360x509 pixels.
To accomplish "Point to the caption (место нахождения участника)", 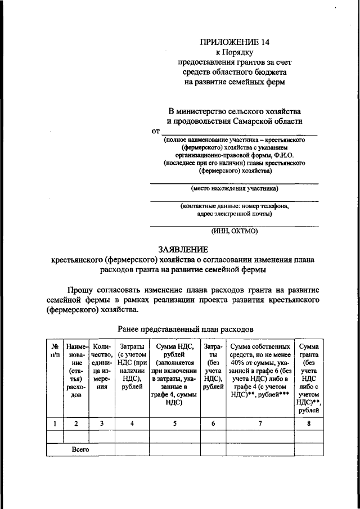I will click(x=234, y=189).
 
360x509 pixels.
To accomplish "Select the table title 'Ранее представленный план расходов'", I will click(x=185, y=327).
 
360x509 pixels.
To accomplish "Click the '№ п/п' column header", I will click(x=55, y=352).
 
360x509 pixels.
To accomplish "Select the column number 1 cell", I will click(x=55, y=424).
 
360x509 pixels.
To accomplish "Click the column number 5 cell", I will click(x=174, y=424).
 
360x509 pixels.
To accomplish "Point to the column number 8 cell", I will click(x=310, y=424).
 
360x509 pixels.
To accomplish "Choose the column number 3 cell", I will click(x=101, y=424).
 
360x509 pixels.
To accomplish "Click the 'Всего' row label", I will click(x=80, y=449).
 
